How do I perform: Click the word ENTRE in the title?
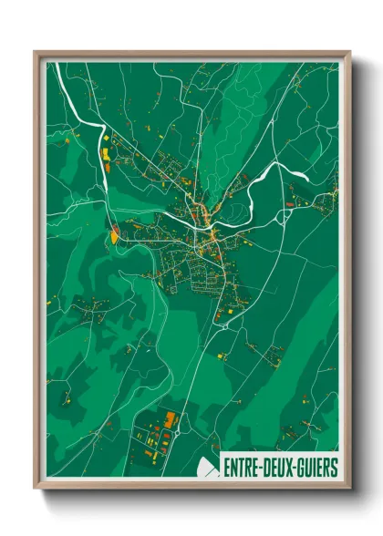(242, 468)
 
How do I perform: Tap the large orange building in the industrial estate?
(170, 420)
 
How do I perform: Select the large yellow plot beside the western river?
(115, 236)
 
